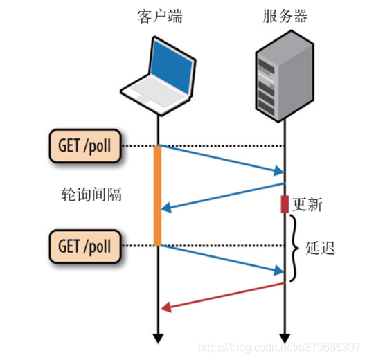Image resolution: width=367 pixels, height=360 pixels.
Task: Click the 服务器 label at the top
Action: point(285,17)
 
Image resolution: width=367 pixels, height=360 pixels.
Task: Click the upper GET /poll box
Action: point(84,145)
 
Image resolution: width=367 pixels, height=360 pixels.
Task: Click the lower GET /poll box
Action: point(84,244)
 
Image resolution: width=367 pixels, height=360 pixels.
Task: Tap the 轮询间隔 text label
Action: point(91,195)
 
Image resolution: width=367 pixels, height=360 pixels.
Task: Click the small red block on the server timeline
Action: point(285,204)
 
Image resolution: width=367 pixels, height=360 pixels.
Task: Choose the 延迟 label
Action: point(320,247)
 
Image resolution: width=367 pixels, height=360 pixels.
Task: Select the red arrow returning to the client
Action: point(222,296)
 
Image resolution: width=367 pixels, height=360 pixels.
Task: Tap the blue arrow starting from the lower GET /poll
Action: point(222,258)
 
